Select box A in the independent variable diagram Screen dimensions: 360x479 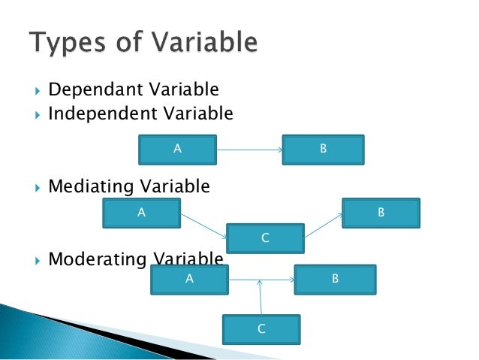[177, 149]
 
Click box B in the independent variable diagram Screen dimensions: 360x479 [323, 149]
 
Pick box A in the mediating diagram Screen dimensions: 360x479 [141, 213]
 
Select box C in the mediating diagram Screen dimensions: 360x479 [264, 238]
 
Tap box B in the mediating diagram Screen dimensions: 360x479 [381, 213]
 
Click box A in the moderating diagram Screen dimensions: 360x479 [189, 279]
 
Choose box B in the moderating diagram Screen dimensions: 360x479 [335, 279]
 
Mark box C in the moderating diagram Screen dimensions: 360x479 [261, 328]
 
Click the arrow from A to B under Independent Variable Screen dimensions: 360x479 [249, 150]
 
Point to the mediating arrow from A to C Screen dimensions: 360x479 [203, 225]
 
